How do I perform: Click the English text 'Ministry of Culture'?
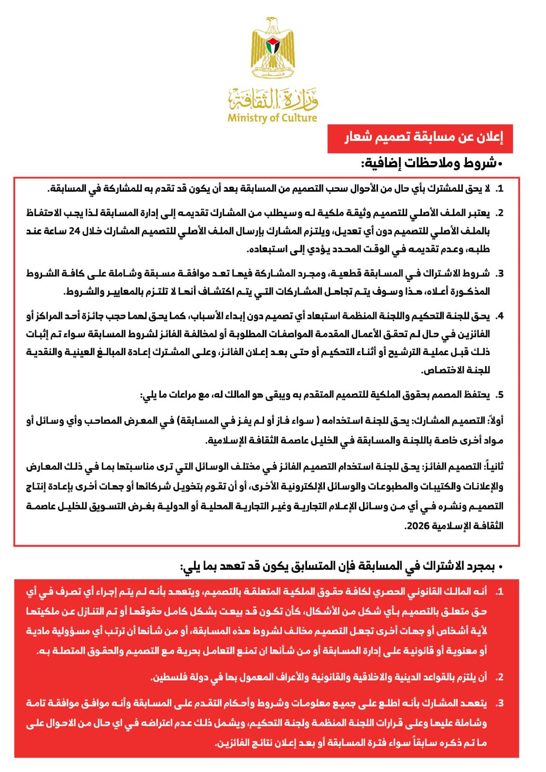click(x=272, y=118)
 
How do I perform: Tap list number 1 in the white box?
click(x=500, y=189)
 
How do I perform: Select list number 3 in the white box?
click(x=500, y=274)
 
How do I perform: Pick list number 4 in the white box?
click(x=500, y=317)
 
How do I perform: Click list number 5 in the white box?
click(x=500, y=395)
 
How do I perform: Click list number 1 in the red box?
click(x=500, y=592)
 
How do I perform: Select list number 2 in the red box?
click(x=500, y=677)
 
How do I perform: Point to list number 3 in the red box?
click(x=500, y=703)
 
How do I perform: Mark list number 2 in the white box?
click(x=500, y=213)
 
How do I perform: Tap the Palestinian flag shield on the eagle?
click(x=273, y=46)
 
